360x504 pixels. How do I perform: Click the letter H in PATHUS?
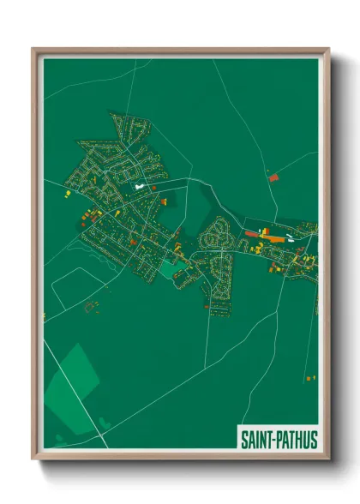click(x=297, y=440)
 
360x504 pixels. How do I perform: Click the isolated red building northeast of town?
click(x=274, y=177)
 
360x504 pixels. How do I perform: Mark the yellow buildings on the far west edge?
click(x=66, y=195)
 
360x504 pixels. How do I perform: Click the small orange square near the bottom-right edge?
click(x=309, y=377)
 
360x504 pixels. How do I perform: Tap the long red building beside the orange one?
click(x=252, y=233)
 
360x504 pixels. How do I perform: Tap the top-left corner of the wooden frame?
click(x=33, y=49)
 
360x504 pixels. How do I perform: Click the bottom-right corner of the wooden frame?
click(x=328, y=459)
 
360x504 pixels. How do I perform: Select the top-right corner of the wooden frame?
click(x=328, y=49)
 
